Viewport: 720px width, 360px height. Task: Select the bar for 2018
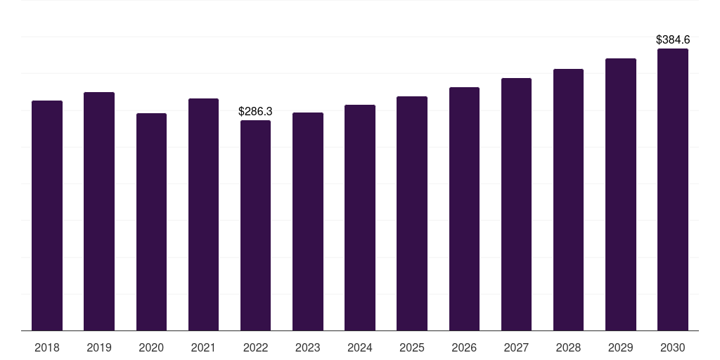point(47,215)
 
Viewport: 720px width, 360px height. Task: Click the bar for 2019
point(99,211)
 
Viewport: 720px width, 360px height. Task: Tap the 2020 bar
point(152,221)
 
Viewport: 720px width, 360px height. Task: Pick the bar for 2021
point(203,214)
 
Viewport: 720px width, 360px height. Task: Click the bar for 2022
point(256,226)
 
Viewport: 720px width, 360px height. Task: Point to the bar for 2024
point(360,218)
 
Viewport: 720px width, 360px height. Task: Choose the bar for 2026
point(464,209)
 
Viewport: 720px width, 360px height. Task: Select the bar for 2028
point(568,200)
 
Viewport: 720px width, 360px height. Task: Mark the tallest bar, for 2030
point(673,190)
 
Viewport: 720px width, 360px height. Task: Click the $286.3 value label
point(255,112)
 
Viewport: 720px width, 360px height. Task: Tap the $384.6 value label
point(673,40)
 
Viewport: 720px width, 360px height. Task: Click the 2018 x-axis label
point(47,348)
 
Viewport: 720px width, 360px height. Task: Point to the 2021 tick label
point(203,348)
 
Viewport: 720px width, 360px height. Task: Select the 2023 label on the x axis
point(308,348)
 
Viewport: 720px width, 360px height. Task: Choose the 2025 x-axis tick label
point(412,348)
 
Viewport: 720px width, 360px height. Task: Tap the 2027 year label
point(516,348)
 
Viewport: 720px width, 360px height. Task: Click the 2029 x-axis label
point(620,348)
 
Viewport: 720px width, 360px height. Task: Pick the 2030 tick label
point(673,348)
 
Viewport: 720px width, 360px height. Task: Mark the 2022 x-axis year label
point(256,348)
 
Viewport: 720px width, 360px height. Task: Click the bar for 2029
point(621,195)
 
